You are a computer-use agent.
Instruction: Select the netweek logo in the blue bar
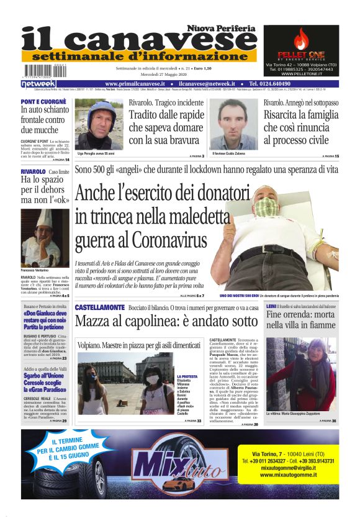pos(39,83)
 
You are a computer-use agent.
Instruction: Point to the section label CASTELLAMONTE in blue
pos(99,307)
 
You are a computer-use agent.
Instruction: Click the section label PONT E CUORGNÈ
pos(43,101)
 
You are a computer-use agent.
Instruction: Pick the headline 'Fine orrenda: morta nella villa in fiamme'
pos(301,319)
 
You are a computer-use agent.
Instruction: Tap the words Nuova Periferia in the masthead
pos(221,29)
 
